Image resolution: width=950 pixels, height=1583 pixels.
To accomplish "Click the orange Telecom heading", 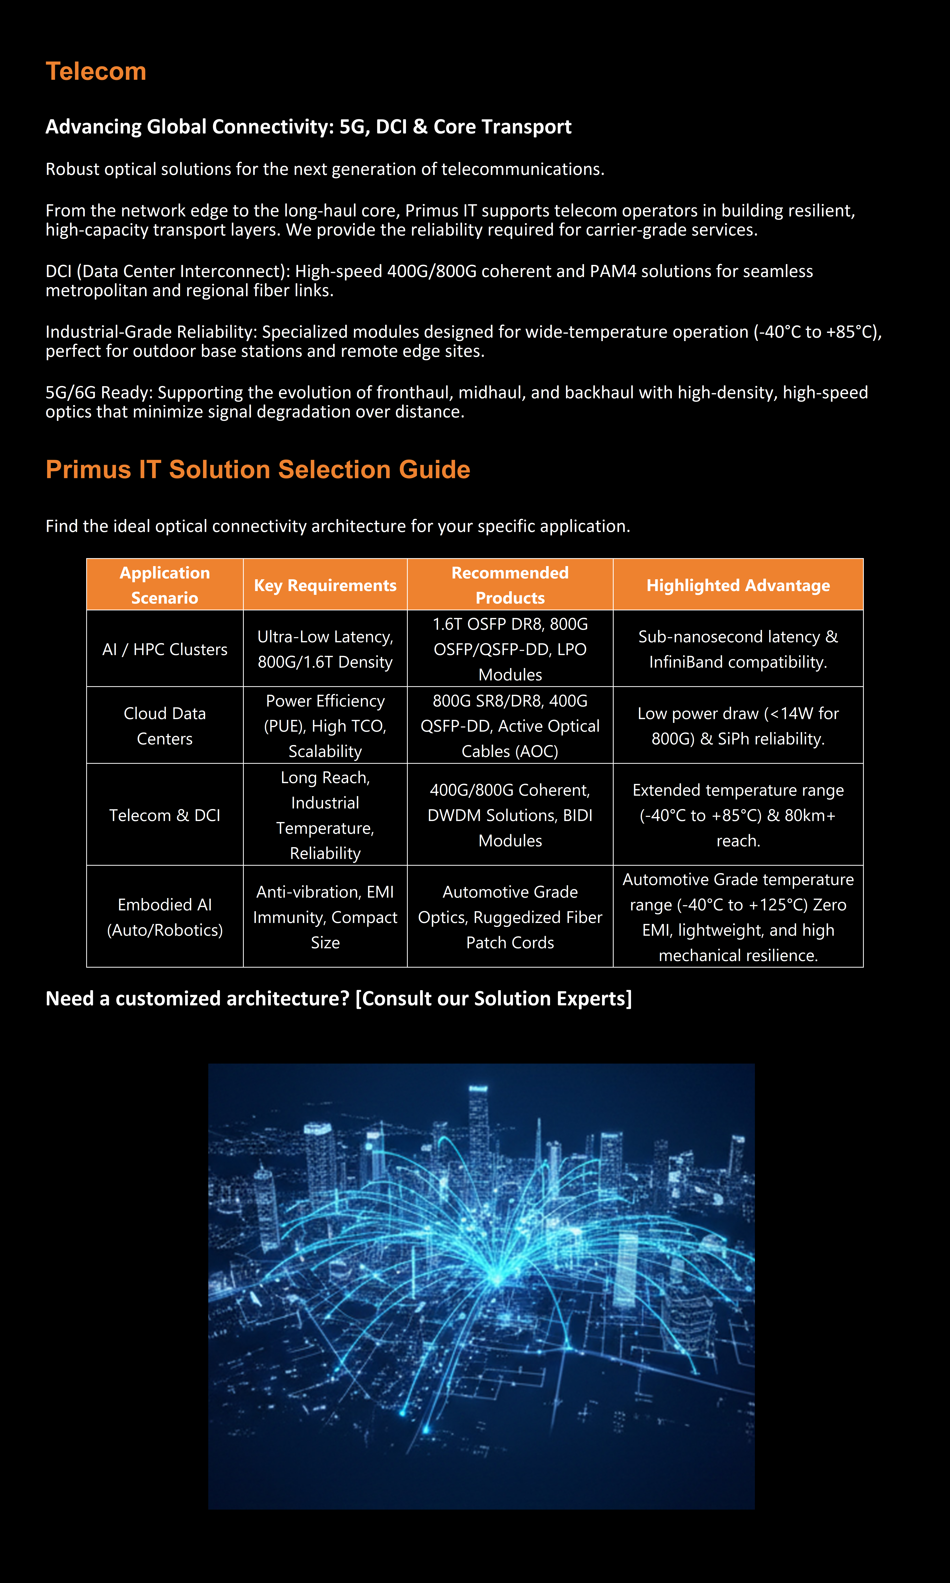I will (x=96, y=72).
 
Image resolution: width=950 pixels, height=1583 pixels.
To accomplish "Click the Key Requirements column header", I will (x=325, y=585).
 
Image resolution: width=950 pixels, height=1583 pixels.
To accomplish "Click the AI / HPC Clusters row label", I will (x=165, y=649).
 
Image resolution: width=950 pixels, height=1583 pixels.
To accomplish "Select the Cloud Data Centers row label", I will (x=165, y=726).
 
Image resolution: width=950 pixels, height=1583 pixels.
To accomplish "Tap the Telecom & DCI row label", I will (x=165, y=815).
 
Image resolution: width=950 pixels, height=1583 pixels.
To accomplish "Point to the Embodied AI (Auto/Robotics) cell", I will (x=165, y=917).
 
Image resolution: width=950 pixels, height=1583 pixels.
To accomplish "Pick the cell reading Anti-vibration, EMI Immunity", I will (x=325, y=917).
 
